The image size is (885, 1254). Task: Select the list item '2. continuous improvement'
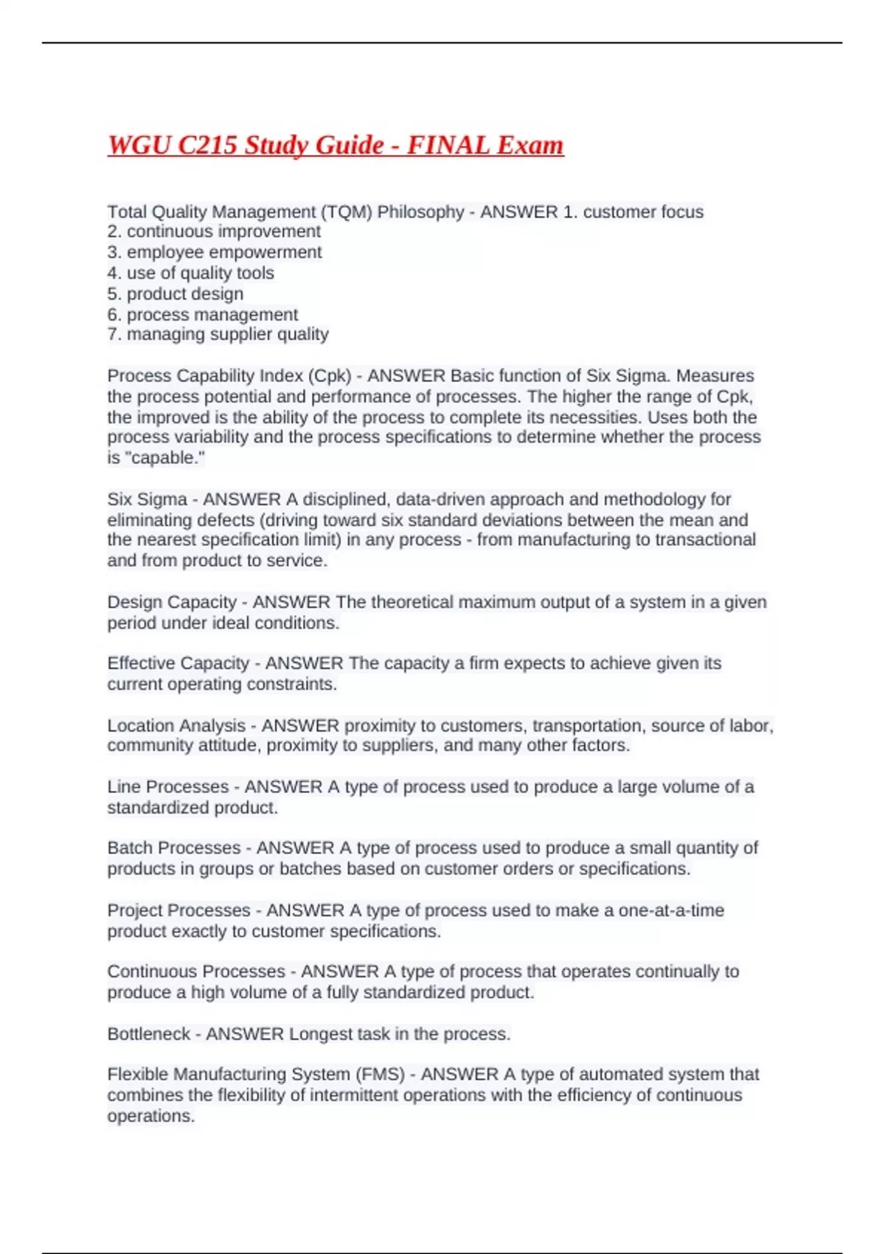pos(214,232)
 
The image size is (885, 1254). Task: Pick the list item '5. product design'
pos(176,294)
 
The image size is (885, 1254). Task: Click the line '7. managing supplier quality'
pos(218,334)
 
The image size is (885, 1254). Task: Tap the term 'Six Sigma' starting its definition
pos(147,499)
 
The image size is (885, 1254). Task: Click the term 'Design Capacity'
pos(171,602)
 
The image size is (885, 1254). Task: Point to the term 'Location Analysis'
pos(176,726)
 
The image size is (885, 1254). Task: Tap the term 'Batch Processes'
pos(173,848)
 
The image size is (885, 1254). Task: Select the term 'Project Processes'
pos(178,910)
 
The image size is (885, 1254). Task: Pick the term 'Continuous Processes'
pos(195,971)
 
